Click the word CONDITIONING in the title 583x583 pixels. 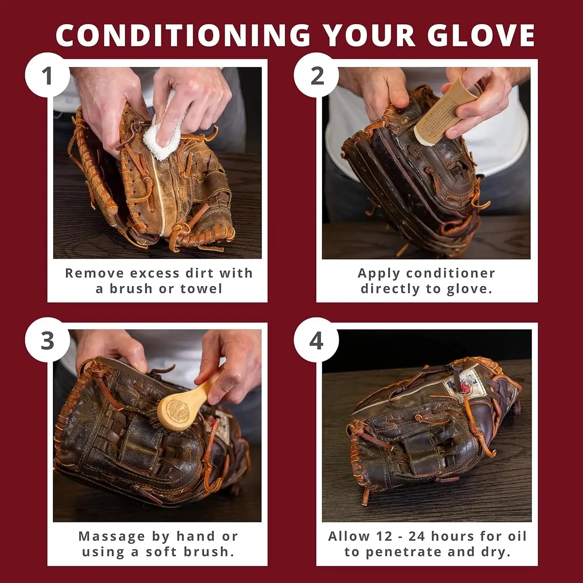[x=183, y=35]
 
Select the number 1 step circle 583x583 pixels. [x=47, y=75]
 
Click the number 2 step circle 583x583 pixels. [x=316, y=75]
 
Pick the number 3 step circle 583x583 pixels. [x=47, y=340]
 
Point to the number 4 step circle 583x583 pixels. [x=316, y=340]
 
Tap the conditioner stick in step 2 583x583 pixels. [x=439, y=113]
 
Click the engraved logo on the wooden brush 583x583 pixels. [x=177, y=410]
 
